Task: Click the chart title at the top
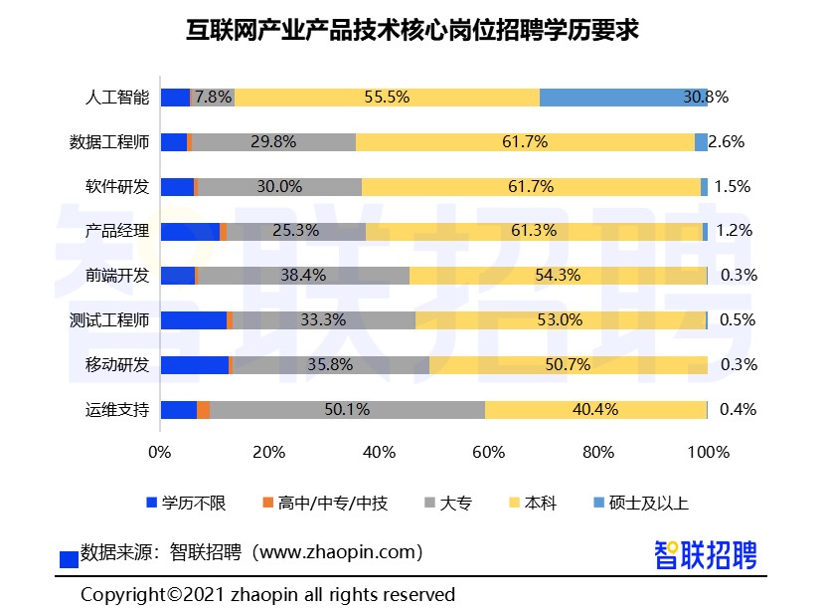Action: click(412, 31)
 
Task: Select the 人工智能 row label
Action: click(117, 98)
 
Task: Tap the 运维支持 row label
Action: click(117, 409)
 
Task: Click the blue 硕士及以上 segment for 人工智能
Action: click(622, 98)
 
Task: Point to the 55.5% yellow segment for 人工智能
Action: click(388, 98)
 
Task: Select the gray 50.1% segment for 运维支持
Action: click(347, 409)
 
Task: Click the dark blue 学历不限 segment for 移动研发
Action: click(194, 365)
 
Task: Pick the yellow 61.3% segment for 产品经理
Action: click(534, 231)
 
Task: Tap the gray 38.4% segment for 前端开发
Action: click(303, 276)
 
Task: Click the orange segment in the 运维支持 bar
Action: click(203, 409)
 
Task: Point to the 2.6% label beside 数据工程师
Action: click(727, 142)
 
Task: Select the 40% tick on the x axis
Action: click(380, 452)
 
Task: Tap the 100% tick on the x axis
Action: click(708, 452)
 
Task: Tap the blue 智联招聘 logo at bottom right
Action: click(706, 554)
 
